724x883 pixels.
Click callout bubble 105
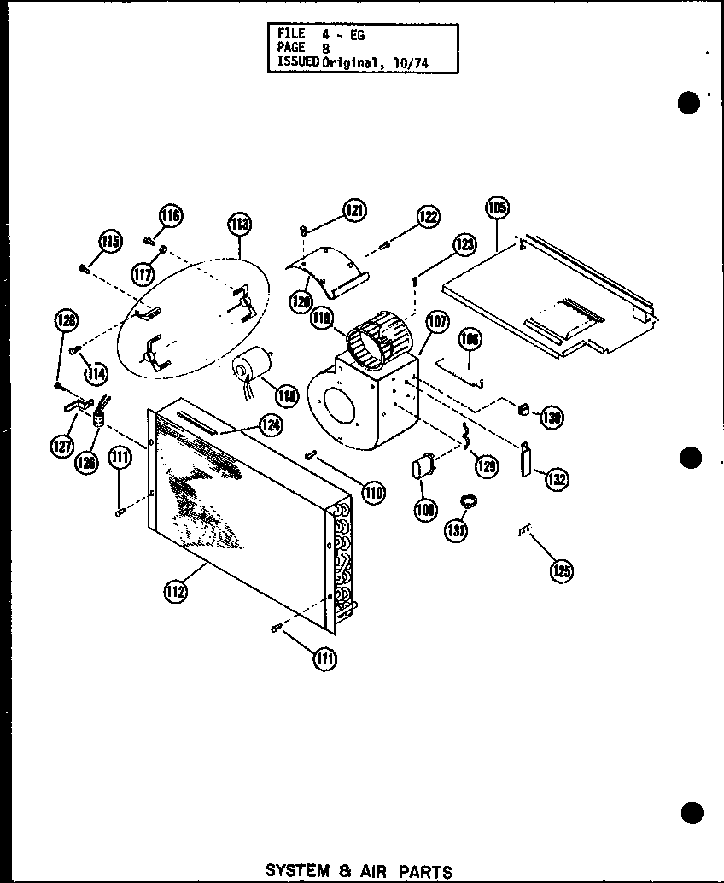click(x=497, y=208)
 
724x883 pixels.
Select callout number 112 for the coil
click(x=177, y=591)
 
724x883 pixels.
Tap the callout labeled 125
click(x=560, y=571)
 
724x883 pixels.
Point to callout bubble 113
click(x=239, y=225)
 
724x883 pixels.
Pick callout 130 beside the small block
click(x=552, y=418)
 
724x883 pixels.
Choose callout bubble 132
click(x=558, y=478)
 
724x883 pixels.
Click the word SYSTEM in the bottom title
click(x=297, y=871)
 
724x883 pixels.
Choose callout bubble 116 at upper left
click(x=171, y=216)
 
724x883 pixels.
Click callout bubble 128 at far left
click(x=66, y=321)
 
